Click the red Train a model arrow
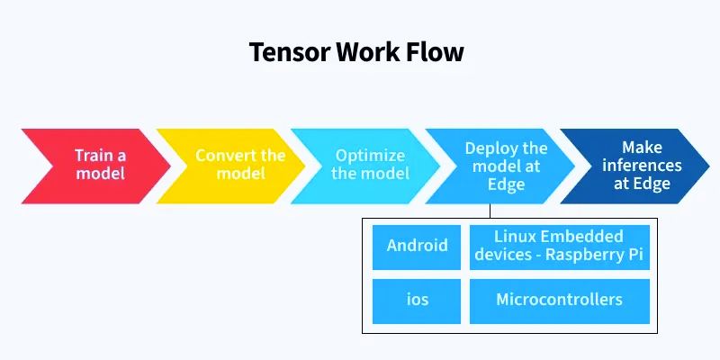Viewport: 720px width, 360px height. (94, 164)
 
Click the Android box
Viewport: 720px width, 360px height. (417, 247)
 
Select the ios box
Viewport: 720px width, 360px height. (417, 301)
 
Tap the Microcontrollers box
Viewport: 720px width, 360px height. (559, 301)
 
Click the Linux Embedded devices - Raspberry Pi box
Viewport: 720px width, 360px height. (559, 247)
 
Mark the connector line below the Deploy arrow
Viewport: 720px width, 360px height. (490, 211)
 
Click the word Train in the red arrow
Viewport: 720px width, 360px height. (89, 155)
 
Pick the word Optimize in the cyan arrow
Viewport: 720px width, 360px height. (370, 155)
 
